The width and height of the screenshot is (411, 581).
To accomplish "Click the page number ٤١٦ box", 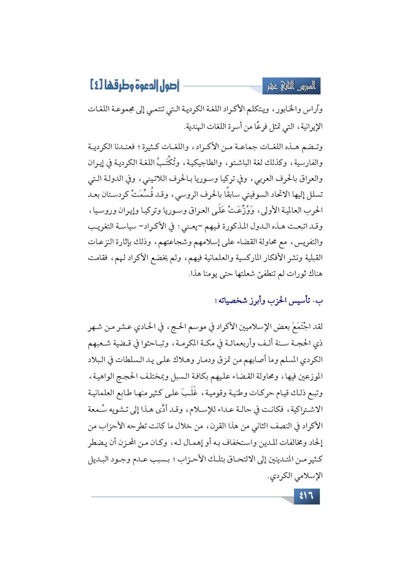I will (307, 496).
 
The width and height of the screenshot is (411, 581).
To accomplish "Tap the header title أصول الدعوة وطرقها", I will (134, 85).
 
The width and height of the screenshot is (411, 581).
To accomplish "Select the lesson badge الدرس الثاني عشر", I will (291, 86).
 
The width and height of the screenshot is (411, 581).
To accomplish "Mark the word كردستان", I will (125, 194).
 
